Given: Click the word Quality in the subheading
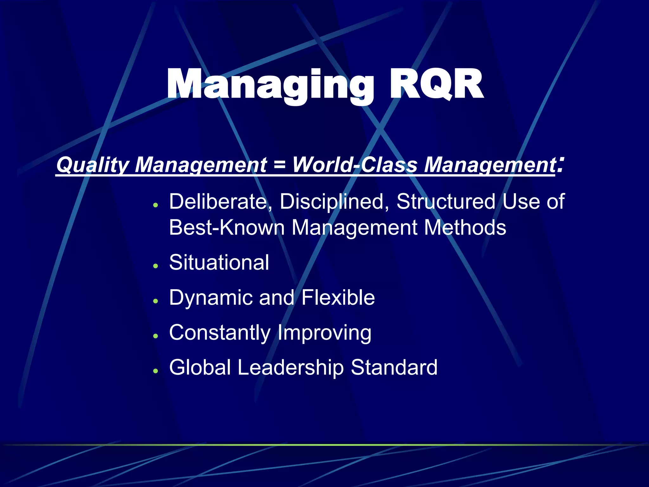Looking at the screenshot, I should pyautogui.click(x=92, y=165).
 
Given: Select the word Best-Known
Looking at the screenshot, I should pyautogui.click(x=227, y=228).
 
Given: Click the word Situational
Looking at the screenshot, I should pyautogui.click(x=219, y=263).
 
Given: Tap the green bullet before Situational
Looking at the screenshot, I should pyautogui.click(x=155, y=266).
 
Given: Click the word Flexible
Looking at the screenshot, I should pyautogui.click(x=338, y=298).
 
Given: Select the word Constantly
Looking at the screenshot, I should pyautogui.click(x=220, y=333).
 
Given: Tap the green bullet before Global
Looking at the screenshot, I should pyautogui.click(x=155, y=371).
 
